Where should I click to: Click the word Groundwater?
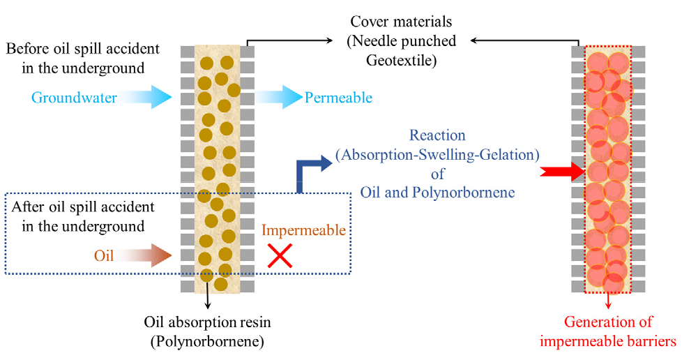pos(74,98)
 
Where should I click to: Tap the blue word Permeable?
pos(338,98)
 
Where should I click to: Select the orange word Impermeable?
pos(303,230)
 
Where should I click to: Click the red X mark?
pos(280,255)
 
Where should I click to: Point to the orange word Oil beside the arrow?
pos(104,255)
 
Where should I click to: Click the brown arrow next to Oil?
pos(144,255)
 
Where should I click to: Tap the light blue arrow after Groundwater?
pos(146,97)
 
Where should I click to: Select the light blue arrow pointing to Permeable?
pos(278,97)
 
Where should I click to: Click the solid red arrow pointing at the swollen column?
pos(562,172)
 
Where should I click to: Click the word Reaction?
pos(437,135)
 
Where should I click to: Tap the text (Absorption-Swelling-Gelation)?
pos(437,154)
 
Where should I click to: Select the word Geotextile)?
pos(401,60)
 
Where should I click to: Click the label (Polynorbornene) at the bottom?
pos(208,342)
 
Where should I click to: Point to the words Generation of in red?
pos(608,322)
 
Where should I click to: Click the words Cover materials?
pos(401,22)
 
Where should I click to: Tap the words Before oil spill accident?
pos(83,48)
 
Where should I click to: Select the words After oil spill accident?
pos(83,207)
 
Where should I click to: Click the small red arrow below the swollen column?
pos(608,301)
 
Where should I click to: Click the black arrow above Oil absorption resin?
pos(208,295)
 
